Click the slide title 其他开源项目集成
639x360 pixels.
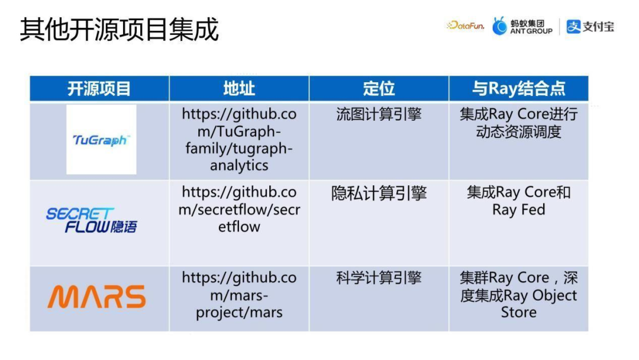pyautogui.click(x=119, y=29)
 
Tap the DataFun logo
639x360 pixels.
pyautogui.click(x=466, y=25)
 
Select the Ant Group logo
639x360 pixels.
pyautogui.click(x=522, y=26)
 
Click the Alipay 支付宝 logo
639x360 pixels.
pyautogui.click(x=590, y=27)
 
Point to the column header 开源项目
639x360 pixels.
pyautogui.click(x=99, y=88)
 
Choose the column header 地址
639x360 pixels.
pyautogui.click(x=239, y=88)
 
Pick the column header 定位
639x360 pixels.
pyautogui.click(x=379, y=88)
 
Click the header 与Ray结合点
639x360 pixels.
pyautogui.click(x=518, y=88)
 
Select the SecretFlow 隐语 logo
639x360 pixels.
pyautogui.click(x=92, y=220)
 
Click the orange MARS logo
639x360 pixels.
pyautogui.click(x=96, y=297)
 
